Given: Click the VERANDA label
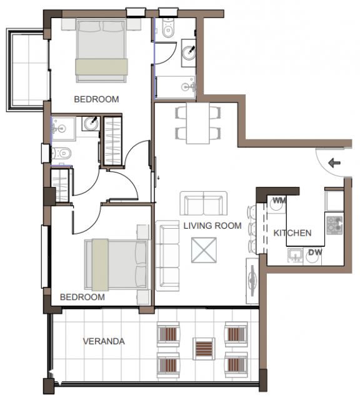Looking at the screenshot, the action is click(104, 341).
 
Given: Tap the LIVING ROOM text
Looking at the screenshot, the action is click(212, 226).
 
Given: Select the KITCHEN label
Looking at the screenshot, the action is click(292, 233).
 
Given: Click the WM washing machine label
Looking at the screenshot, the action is click(279, 201).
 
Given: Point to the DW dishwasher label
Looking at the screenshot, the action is click(316, 252).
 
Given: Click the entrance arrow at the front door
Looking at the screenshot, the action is click(334, 162).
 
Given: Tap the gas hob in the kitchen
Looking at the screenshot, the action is click(334, 225).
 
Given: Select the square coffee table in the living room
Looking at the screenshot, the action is click(204, 250).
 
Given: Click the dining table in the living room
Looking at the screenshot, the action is click(198, 123).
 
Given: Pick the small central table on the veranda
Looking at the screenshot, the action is click(204, 349).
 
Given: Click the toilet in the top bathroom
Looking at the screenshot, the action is click(167, 28).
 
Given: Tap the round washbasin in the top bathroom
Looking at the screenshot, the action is click(189, 52).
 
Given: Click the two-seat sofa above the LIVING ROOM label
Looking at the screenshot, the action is click(204, 204).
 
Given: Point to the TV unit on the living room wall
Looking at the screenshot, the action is click(252, 281).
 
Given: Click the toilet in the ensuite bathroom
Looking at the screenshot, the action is click(61, 154).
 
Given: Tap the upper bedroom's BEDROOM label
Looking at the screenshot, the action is click(96, 99).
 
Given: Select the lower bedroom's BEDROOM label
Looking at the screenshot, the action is click(82, 297).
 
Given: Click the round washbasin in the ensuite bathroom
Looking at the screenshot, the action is click(91, 124).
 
